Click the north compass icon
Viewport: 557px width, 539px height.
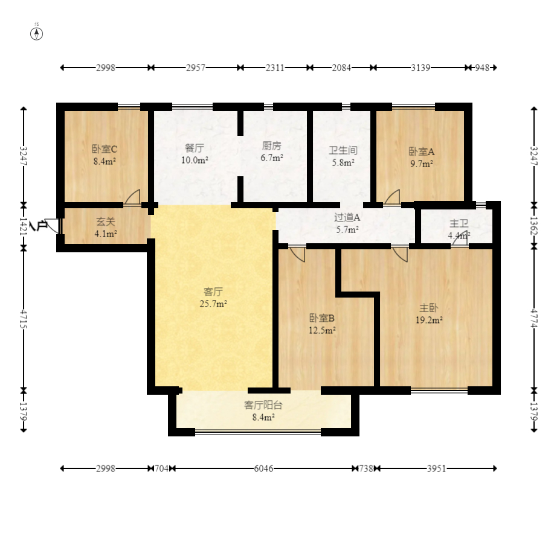37,34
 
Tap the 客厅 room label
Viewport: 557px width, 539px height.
213,292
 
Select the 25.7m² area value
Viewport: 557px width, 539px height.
213,304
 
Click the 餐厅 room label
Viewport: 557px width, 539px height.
195,148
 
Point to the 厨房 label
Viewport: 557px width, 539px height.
272,145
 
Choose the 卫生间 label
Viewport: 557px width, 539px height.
343,150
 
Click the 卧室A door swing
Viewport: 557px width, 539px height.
392,197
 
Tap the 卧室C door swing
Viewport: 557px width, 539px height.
132,197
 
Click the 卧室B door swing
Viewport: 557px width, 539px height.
297,254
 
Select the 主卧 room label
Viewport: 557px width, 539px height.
429,308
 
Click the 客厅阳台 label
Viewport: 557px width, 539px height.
263,405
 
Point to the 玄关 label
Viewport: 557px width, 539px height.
106,222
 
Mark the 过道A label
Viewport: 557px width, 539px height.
347,217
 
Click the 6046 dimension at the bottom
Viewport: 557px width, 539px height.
263,469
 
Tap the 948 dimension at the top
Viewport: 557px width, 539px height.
482,68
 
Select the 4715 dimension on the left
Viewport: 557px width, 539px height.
24,319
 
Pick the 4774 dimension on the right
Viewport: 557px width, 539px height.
534,318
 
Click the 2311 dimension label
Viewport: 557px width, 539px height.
275,68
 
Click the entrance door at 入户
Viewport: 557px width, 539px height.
53,226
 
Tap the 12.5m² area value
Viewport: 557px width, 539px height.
322,330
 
